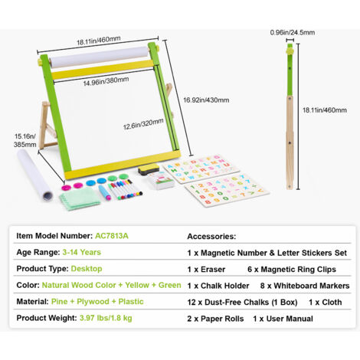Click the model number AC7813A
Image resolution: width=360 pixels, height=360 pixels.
tap(112, 236)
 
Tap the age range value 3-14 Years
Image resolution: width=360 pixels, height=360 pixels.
tap(82, 252)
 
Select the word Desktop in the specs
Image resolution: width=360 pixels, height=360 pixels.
tap(87, 269)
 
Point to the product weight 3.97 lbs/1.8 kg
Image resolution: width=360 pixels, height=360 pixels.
tap(106, 318)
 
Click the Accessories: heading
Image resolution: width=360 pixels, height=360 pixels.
tap(211, 236)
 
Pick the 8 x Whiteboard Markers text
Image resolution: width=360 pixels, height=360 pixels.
tap(305, 286)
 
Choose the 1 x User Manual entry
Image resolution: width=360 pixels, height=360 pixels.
tap(283, 319)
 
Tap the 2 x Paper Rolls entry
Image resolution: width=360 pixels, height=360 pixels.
tap(215, 319)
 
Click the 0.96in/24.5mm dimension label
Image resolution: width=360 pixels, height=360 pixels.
tap(293, 32)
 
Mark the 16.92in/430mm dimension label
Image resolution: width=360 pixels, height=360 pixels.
tap(206, 100)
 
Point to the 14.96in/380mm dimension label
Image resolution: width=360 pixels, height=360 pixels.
tap(106, 81)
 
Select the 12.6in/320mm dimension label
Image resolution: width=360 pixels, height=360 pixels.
tap(143, 124)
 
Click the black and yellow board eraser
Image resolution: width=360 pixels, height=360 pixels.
tap(149, 170)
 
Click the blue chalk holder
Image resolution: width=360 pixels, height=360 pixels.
tap(105, 192)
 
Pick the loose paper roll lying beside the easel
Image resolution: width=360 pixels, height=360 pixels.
tap(34, 175)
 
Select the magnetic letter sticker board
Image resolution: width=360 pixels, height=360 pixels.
tap(201, 169)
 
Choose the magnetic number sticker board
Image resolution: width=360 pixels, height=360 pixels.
tap(226, 190)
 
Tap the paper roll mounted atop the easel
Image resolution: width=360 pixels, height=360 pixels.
tap(100, 57)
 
